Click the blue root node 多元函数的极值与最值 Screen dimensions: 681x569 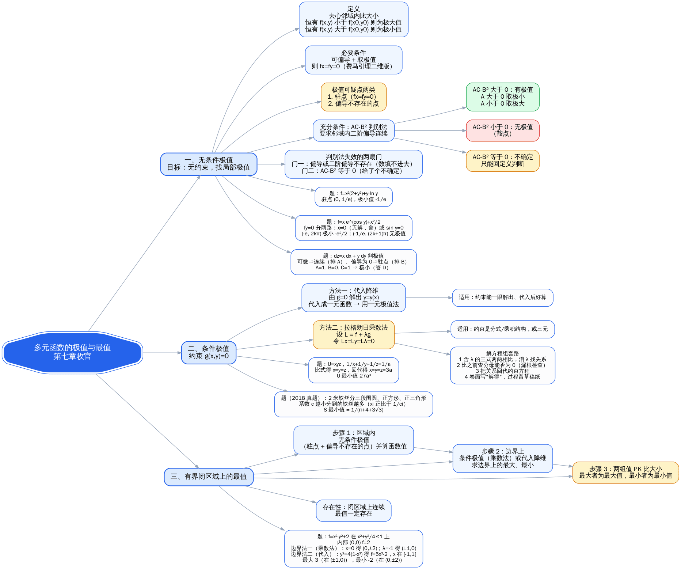tap(72, 352)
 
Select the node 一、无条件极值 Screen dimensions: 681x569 tap(209, 164)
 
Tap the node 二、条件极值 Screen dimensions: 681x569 tap(209, 353)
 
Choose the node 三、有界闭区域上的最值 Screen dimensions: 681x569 tap(209, 477)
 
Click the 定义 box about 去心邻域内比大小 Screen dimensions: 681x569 tap(354, 19)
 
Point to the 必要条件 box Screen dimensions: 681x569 tap(354, 60)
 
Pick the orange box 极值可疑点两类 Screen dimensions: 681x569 tap(354, 97)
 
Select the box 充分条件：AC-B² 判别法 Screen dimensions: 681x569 tap(354, 130)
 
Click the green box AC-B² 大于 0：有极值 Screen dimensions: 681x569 tap(503, 97)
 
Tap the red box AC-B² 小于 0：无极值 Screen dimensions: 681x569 tap(503, 130)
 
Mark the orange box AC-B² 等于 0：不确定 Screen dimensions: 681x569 tap(503, 160)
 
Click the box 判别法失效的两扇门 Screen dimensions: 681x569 tap(354, 164)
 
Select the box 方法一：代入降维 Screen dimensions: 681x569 tap(354, 297)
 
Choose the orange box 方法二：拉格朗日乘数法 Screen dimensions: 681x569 tap(354, 335)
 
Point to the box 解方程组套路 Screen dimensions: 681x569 tap(503, 365)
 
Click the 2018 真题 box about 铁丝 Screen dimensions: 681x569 tap(354, 404)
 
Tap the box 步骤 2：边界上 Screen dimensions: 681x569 tap(503, 458)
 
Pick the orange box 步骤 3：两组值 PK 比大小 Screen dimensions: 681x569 tap(626, 473)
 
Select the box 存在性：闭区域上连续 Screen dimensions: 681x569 tap(354, 511)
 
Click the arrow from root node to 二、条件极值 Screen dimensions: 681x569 tap(162, 353)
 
